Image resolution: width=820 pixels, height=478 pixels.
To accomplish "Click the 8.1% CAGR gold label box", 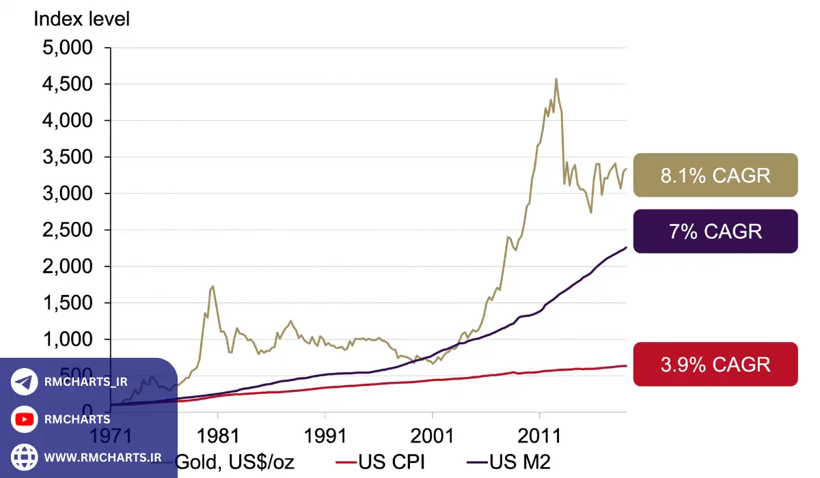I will [x=715, y=175].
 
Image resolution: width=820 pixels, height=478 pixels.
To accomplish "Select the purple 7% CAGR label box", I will [x=715, y=231].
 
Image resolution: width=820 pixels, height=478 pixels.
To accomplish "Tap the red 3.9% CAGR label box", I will [x=715, y=364].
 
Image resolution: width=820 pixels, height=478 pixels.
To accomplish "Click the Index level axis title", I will [x=81, y=18].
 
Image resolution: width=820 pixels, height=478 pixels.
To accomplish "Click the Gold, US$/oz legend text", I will [x=235, y=462].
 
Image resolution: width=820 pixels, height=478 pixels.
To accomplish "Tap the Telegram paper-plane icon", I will [x=25, y=382].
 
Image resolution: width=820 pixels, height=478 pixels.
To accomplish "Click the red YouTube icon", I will [x=25, y=419].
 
